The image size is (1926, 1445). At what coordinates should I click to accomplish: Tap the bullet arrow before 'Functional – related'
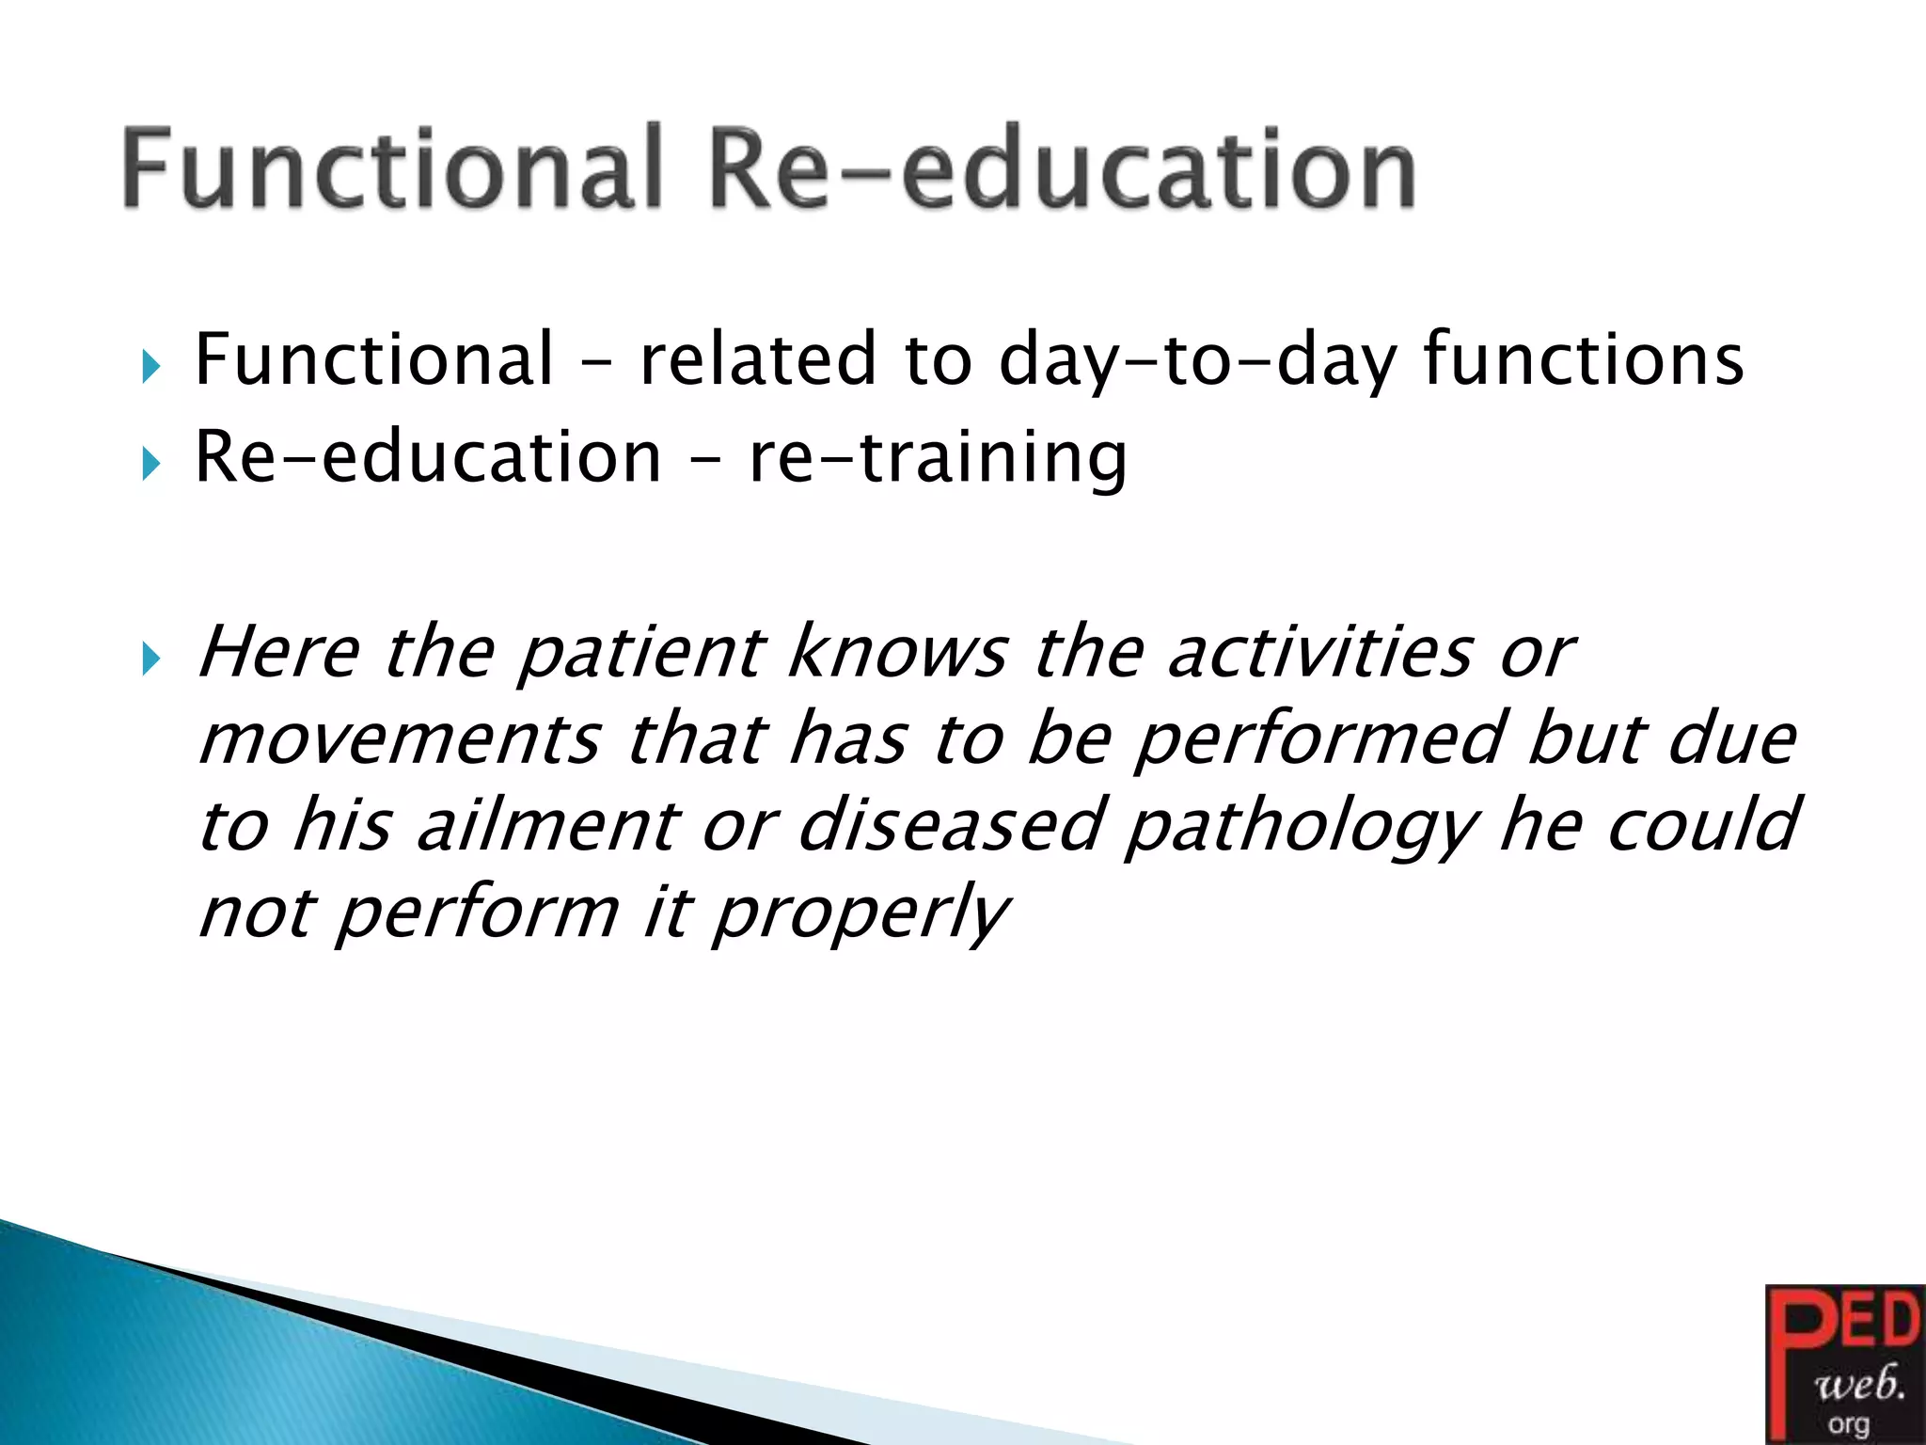tap(151, 366)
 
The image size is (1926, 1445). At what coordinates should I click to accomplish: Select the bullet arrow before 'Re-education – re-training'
tap(151, 463)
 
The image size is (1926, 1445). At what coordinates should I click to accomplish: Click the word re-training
tap(938, 458)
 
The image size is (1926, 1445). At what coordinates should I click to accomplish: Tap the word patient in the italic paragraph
tap(641, 653)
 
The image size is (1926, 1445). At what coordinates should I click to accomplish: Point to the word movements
tap(399, 739)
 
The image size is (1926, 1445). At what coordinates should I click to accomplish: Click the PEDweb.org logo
tap(1844, 1364)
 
